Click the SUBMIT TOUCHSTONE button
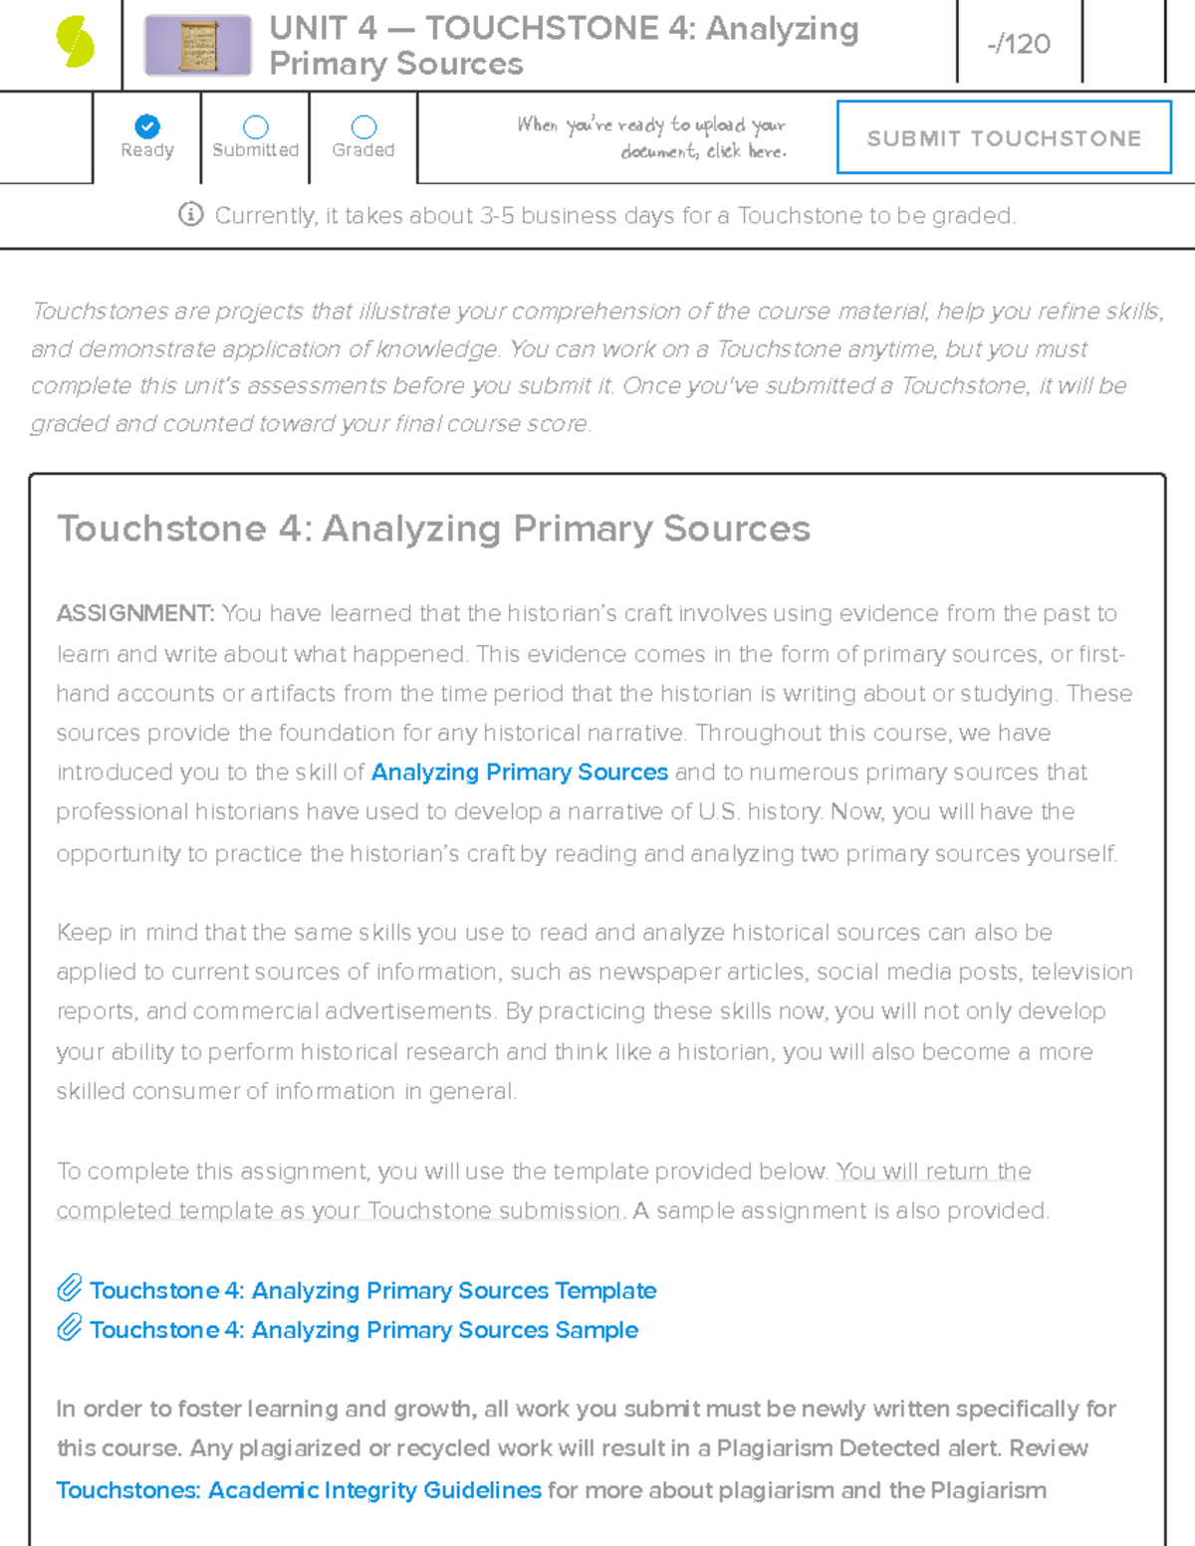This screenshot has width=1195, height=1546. point(1004,137)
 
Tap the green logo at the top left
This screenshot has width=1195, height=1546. point(76,43)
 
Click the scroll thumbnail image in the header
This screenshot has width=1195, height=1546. point(197,45)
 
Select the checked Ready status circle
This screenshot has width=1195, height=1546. point(147,126)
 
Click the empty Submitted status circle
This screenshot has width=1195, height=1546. point(256,126)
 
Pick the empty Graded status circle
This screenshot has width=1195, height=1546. point(363,126)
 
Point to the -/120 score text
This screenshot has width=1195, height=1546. point(1019,44)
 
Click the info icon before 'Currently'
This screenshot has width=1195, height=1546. point(191,214)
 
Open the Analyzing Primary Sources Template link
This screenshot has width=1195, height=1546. point(372,1290)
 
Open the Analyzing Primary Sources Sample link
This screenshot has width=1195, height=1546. point(363,1330)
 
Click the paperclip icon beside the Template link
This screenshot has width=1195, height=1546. point(69,1288)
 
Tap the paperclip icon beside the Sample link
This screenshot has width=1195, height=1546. point(69,1328)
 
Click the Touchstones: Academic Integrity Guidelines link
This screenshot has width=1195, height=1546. point(299,1490)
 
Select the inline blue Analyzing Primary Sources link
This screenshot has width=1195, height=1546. point(519,773)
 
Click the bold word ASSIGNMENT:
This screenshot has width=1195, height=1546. point(134,613)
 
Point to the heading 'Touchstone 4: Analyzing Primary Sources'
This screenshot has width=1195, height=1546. point(433,529)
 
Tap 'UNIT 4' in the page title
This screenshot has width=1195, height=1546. point(323,28)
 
